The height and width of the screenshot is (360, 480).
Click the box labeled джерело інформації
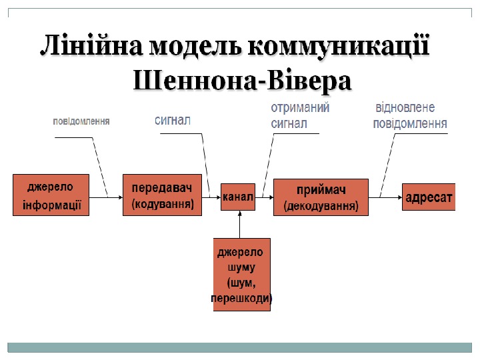[52, 195]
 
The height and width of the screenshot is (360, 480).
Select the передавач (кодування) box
[162, 195]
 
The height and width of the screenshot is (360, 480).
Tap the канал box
[238, 197]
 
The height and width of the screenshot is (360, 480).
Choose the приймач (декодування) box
[321, 197]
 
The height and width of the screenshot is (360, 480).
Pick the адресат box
[429, 197]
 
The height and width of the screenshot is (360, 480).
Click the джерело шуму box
[241, 274]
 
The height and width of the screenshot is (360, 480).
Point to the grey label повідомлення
[81, 122]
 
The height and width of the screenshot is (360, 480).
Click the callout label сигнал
[173, 121]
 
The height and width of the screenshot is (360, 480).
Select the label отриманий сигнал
[299, 115]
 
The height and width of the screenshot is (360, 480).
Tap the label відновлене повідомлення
[409, 115]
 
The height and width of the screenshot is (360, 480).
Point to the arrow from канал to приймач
[265, 197]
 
